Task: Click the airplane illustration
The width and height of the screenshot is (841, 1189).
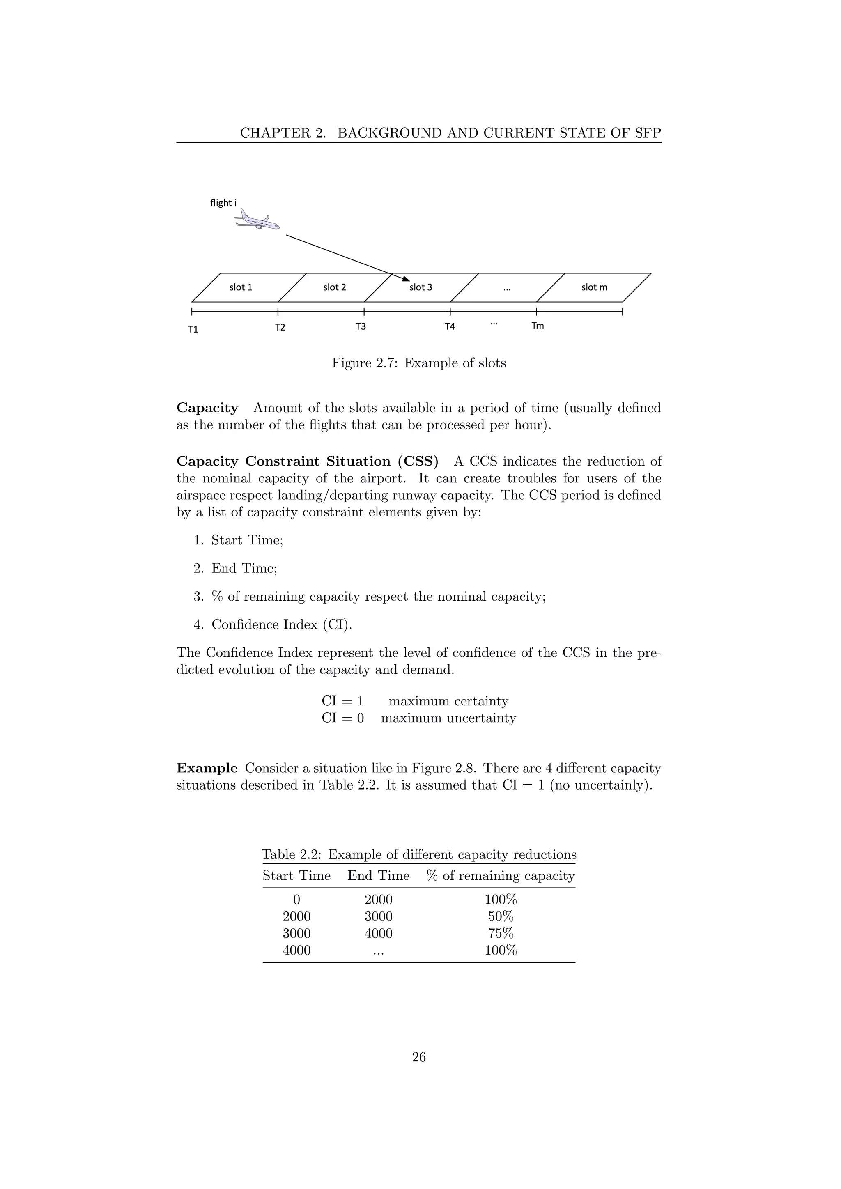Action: pyautogui.click(x=257, y=220)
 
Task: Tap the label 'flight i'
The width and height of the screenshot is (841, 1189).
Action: pyautogui.click(x=223, y=203)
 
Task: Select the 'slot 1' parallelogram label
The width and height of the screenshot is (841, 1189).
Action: pyautogui.click(x=241, y=287)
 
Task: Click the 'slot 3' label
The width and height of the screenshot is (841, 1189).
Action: pyautogui.click(x=420, y=287)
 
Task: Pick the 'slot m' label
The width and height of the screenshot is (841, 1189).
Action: pyautogui.click(x=594, y=287)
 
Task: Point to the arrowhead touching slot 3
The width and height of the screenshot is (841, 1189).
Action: pyautogui.click(x=407, y=279)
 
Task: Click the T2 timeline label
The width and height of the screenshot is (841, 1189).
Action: pyautogui.click(x=280, y=328)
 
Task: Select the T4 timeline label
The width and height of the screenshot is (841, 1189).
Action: pyautogui.click(x=450, y=327)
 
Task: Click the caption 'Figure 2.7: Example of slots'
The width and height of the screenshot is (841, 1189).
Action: pyautogui.click(x=418, y=363)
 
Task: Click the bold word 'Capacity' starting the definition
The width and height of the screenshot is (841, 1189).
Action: pyautogui.click(x=207, y=408)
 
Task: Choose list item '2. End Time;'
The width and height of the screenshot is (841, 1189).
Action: pyautogui.click(x=236, y=569)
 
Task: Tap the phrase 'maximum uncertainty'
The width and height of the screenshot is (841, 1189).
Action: pyautogui.click(x=448, y=718)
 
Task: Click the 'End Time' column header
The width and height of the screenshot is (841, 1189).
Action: pyautogui.click(x=378, y=876)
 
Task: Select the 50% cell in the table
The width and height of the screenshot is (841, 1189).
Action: pyautogui.click(x=500, y=917)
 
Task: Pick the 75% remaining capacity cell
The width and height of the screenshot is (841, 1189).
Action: pyautogui.click(x=500, y=934)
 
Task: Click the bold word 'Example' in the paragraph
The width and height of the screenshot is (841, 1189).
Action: pyautogui.click(x=207, y=768)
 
